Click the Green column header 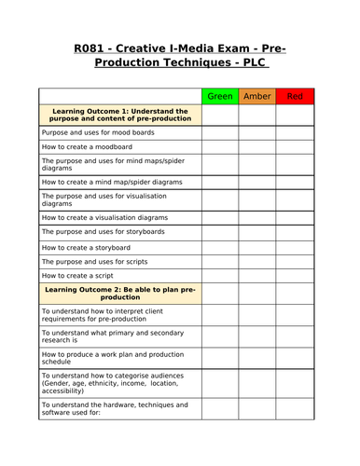(220, 96)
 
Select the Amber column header (257, 96)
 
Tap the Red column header (295, 96)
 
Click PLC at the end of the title (252, 64)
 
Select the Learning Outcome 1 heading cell (120, 115)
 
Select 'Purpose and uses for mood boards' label (97, 132)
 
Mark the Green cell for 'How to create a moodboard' (220, 147)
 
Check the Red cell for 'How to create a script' (295, 277)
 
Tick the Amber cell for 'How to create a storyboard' (257, 247)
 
